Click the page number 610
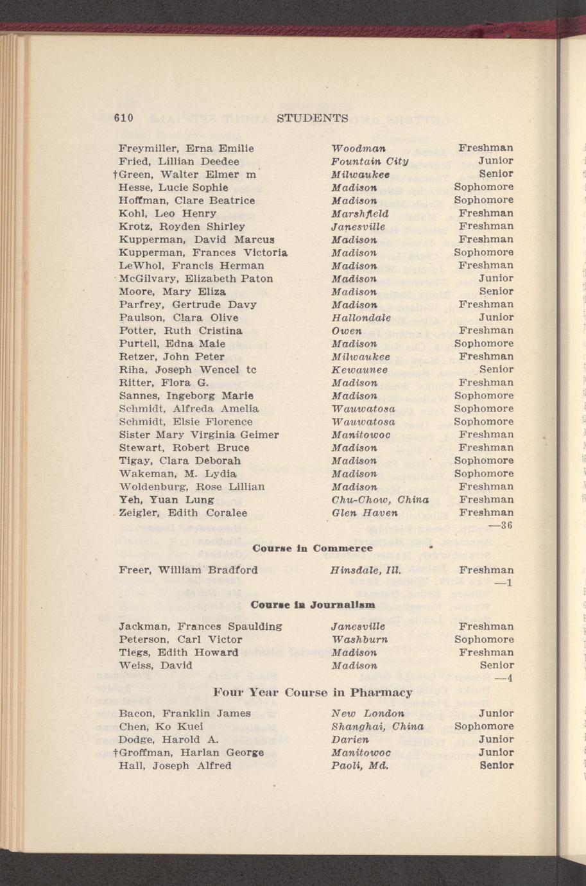[123, 118]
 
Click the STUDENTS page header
[312, 118]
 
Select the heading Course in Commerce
[313, 548]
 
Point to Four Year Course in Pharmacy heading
[312, 693]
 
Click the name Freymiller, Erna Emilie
[187, 148]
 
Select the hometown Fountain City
[370, 161]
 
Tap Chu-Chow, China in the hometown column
[380, 499]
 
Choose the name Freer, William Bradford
[189, 570]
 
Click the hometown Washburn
[359, 639]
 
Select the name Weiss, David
[156, 666]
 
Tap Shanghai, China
[377, 727]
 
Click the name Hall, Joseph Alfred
[175, 766]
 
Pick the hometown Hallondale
[361, 318]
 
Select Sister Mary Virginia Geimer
[199, 435]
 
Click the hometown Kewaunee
[359, 370]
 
